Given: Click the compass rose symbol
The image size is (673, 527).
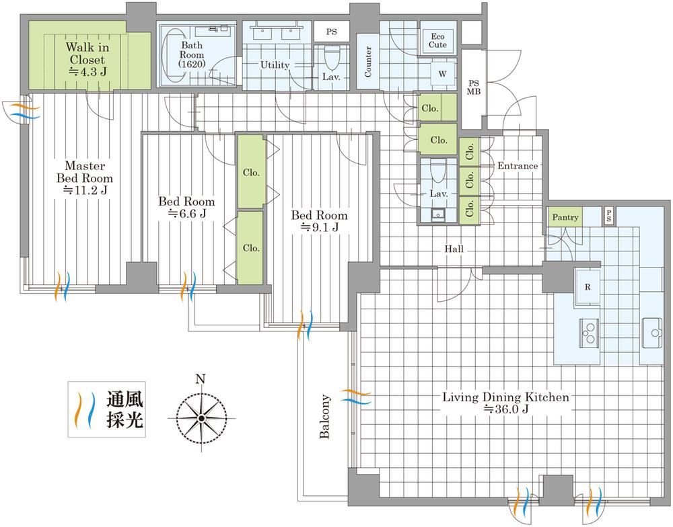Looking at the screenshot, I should pos(201,418).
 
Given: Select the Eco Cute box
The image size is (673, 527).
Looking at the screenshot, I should pos(437,40).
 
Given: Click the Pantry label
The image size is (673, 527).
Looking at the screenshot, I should pos(565,218).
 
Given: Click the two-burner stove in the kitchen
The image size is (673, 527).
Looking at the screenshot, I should pos(589,329).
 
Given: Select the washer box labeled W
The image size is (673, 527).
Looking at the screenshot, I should pos(442,73).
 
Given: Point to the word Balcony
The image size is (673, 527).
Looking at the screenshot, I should pos(325,416).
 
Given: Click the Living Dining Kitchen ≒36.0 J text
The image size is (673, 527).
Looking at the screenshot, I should pos(505,403).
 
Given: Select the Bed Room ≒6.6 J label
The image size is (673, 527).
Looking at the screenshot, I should pos(186,208).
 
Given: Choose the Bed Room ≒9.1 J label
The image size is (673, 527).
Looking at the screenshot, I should pos(319,222).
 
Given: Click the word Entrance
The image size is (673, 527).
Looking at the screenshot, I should pos(518,166).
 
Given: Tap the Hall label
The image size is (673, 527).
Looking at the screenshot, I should pos(454,249).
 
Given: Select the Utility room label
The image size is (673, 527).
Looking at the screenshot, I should pos(275,65).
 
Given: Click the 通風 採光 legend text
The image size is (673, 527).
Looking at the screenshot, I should pos(125,409).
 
